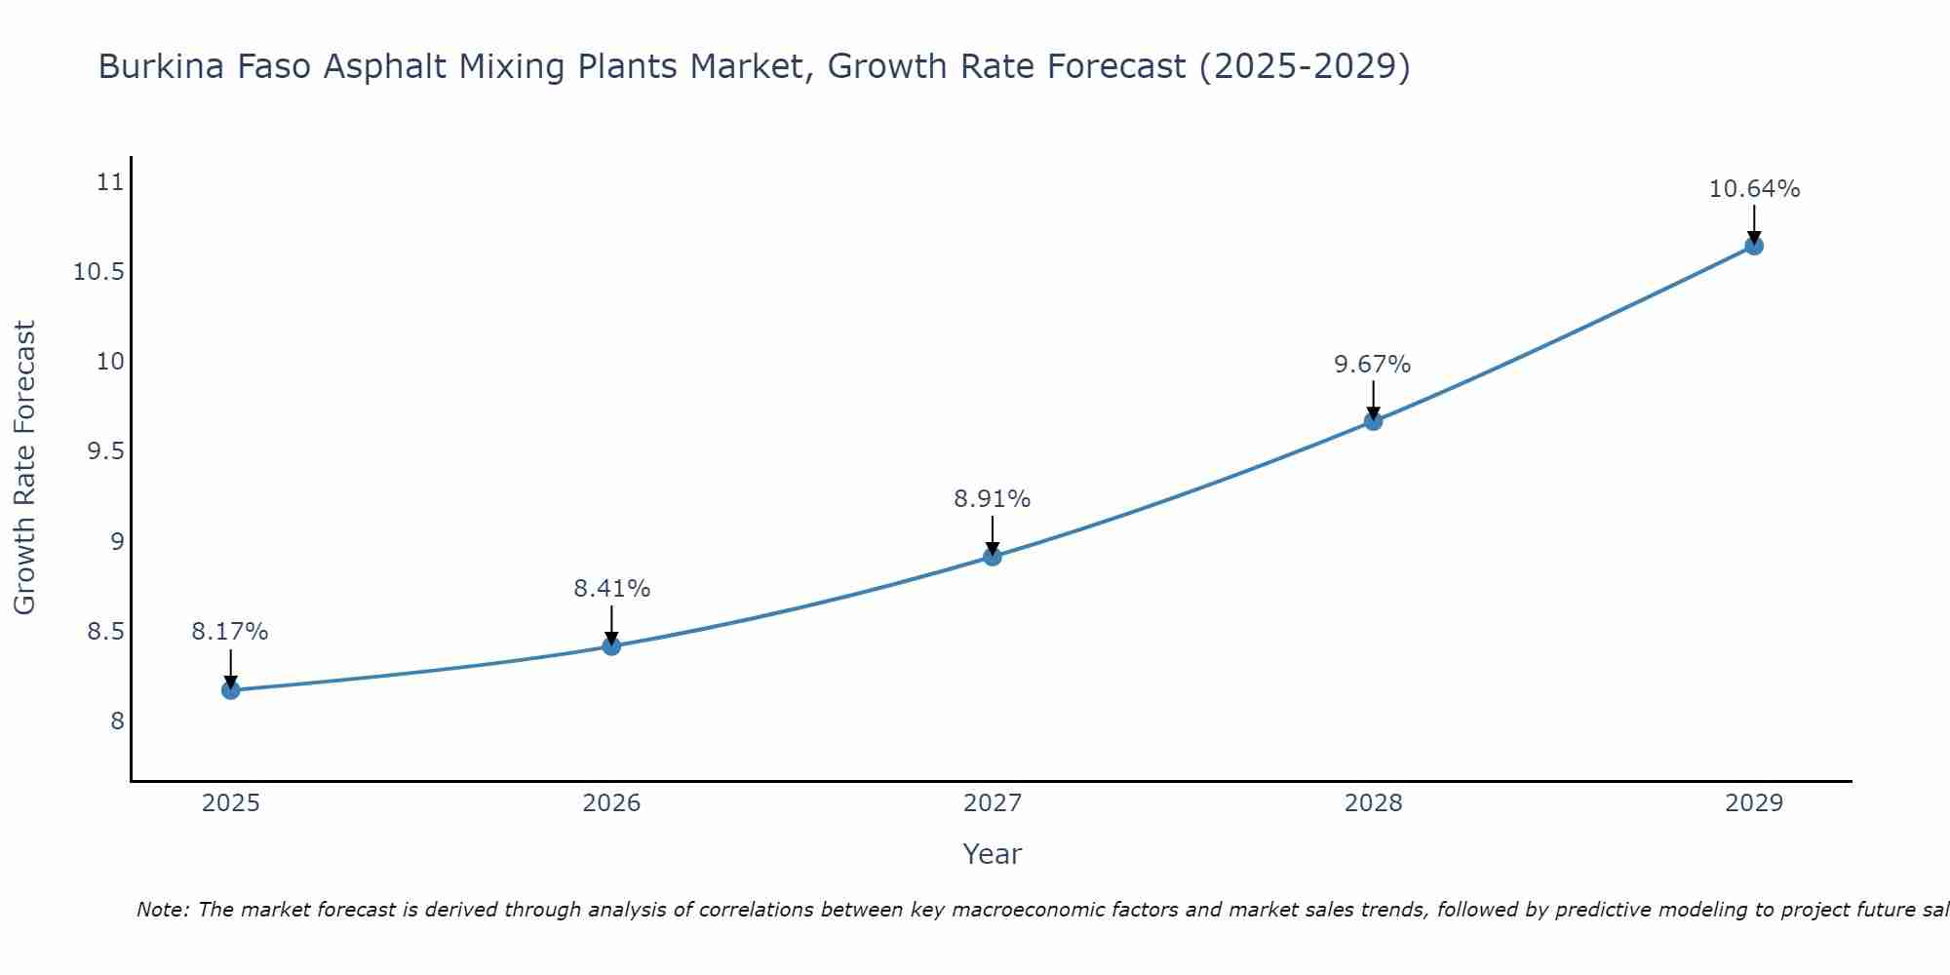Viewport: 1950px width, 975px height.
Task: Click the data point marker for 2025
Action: (231, 690)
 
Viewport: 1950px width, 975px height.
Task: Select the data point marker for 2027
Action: (993, 557)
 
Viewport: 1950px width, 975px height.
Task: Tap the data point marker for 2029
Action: (1754, 246)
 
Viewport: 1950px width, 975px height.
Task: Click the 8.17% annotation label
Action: (230, 632)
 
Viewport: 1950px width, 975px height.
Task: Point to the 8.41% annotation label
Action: (611, 589)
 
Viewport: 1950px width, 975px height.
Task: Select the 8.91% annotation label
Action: (993, 499)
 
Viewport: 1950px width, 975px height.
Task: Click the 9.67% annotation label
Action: (1373, 365)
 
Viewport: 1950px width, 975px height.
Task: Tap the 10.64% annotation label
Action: (1754, 189)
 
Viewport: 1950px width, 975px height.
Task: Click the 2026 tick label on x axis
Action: (611, 803)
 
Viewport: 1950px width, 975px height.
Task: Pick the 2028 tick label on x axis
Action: (1373, 803)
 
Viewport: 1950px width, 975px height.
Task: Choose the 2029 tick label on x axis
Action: (1754, 803)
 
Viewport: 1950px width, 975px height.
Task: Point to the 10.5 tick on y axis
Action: (99, 272)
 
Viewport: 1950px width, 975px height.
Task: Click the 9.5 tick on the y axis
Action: (106, 451)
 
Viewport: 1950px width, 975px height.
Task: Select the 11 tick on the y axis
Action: (112, 182)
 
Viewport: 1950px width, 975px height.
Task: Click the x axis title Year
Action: (993, 854)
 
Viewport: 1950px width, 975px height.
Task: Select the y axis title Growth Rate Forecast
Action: (25, 468)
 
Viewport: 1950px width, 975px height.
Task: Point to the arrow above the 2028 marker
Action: (1373, 400)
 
